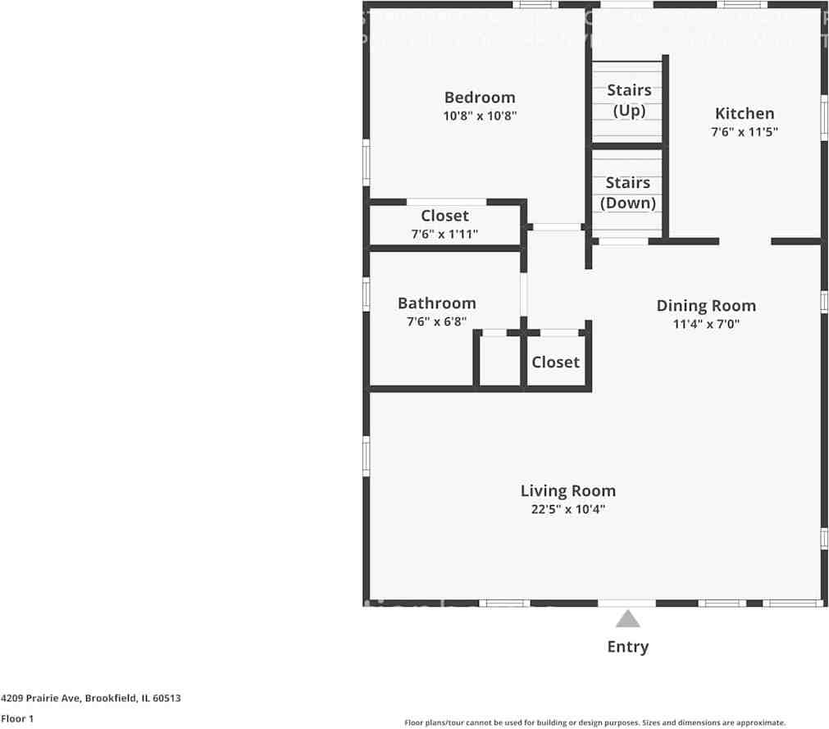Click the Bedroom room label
click(x=480, y=98)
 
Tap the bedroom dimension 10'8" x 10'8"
click(x=480, y=116)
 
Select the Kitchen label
click(x=744, y=113)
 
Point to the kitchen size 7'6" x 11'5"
click(x=744, y=132)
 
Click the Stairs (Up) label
click(x=629, y=100)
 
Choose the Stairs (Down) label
click(x=628, y=193)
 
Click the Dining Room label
click(x=706, y=306)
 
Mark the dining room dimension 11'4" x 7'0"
click(x=706, y=324)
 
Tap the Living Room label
click(x=567, y=491)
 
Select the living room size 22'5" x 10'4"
click(x=567, y=509)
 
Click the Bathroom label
click(x=436, y=303)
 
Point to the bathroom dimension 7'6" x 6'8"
click(x=436, y=322)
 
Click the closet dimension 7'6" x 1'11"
click(x=444, y=235)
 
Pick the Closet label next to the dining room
click(x=555, y=362)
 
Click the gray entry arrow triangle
click(x=627, y=619)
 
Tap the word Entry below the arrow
click(x=627, y=647)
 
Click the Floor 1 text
click(x=17, y=719)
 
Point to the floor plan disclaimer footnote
click(x=594, y=722)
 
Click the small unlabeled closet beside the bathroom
click(x=499, y=362)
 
